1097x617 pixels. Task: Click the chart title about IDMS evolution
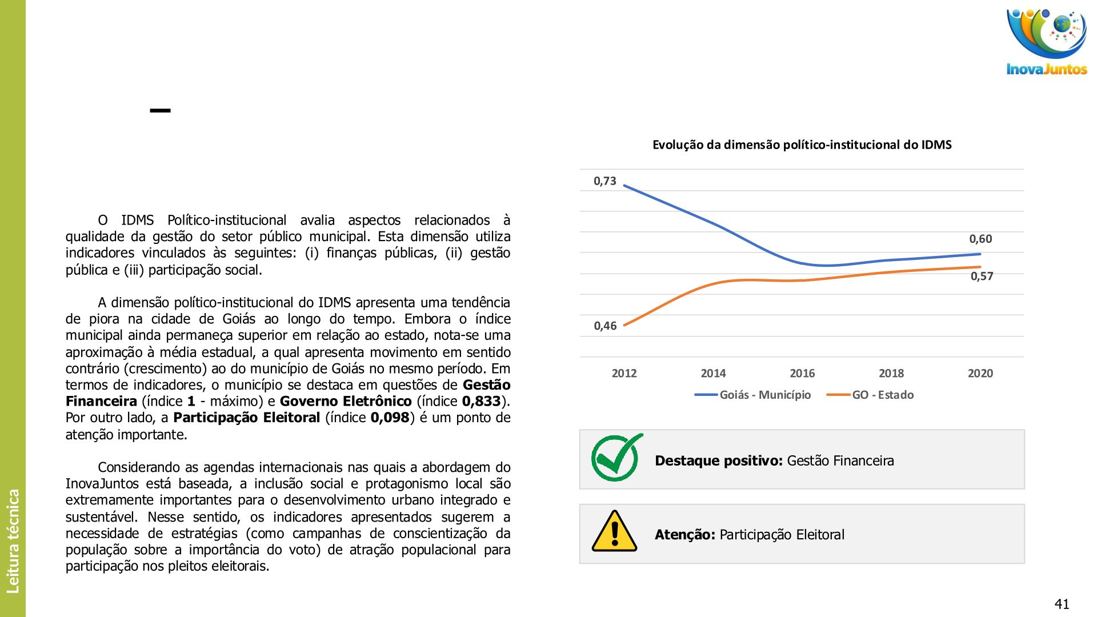click(802, 145)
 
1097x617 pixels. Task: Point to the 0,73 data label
click(605, 181)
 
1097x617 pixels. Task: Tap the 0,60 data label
click(980, 239)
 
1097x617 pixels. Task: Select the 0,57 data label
click(982, 277)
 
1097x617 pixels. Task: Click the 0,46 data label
click(605, 326)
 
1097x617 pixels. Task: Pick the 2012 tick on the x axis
click(624, 374)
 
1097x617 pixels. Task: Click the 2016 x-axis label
click(802, 374)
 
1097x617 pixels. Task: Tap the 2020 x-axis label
click(980, 374)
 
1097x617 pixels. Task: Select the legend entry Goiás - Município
click(764, 395)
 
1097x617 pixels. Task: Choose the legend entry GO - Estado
click(882, 395)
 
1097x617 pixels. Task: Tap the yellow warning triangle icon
click(614, 532)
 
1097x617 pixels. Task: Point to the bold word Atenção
click(684, 535)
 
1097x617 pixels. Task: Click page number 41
click(1062, 604)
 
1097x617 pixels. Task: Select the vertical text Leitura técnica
click(13, 540)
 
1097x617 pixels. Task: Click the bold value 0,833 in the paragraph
click(481, 402)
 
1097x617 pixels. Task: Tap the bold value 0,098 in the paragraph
click(390, 418)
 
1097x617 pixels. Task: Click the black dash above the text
click(160, 111)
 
